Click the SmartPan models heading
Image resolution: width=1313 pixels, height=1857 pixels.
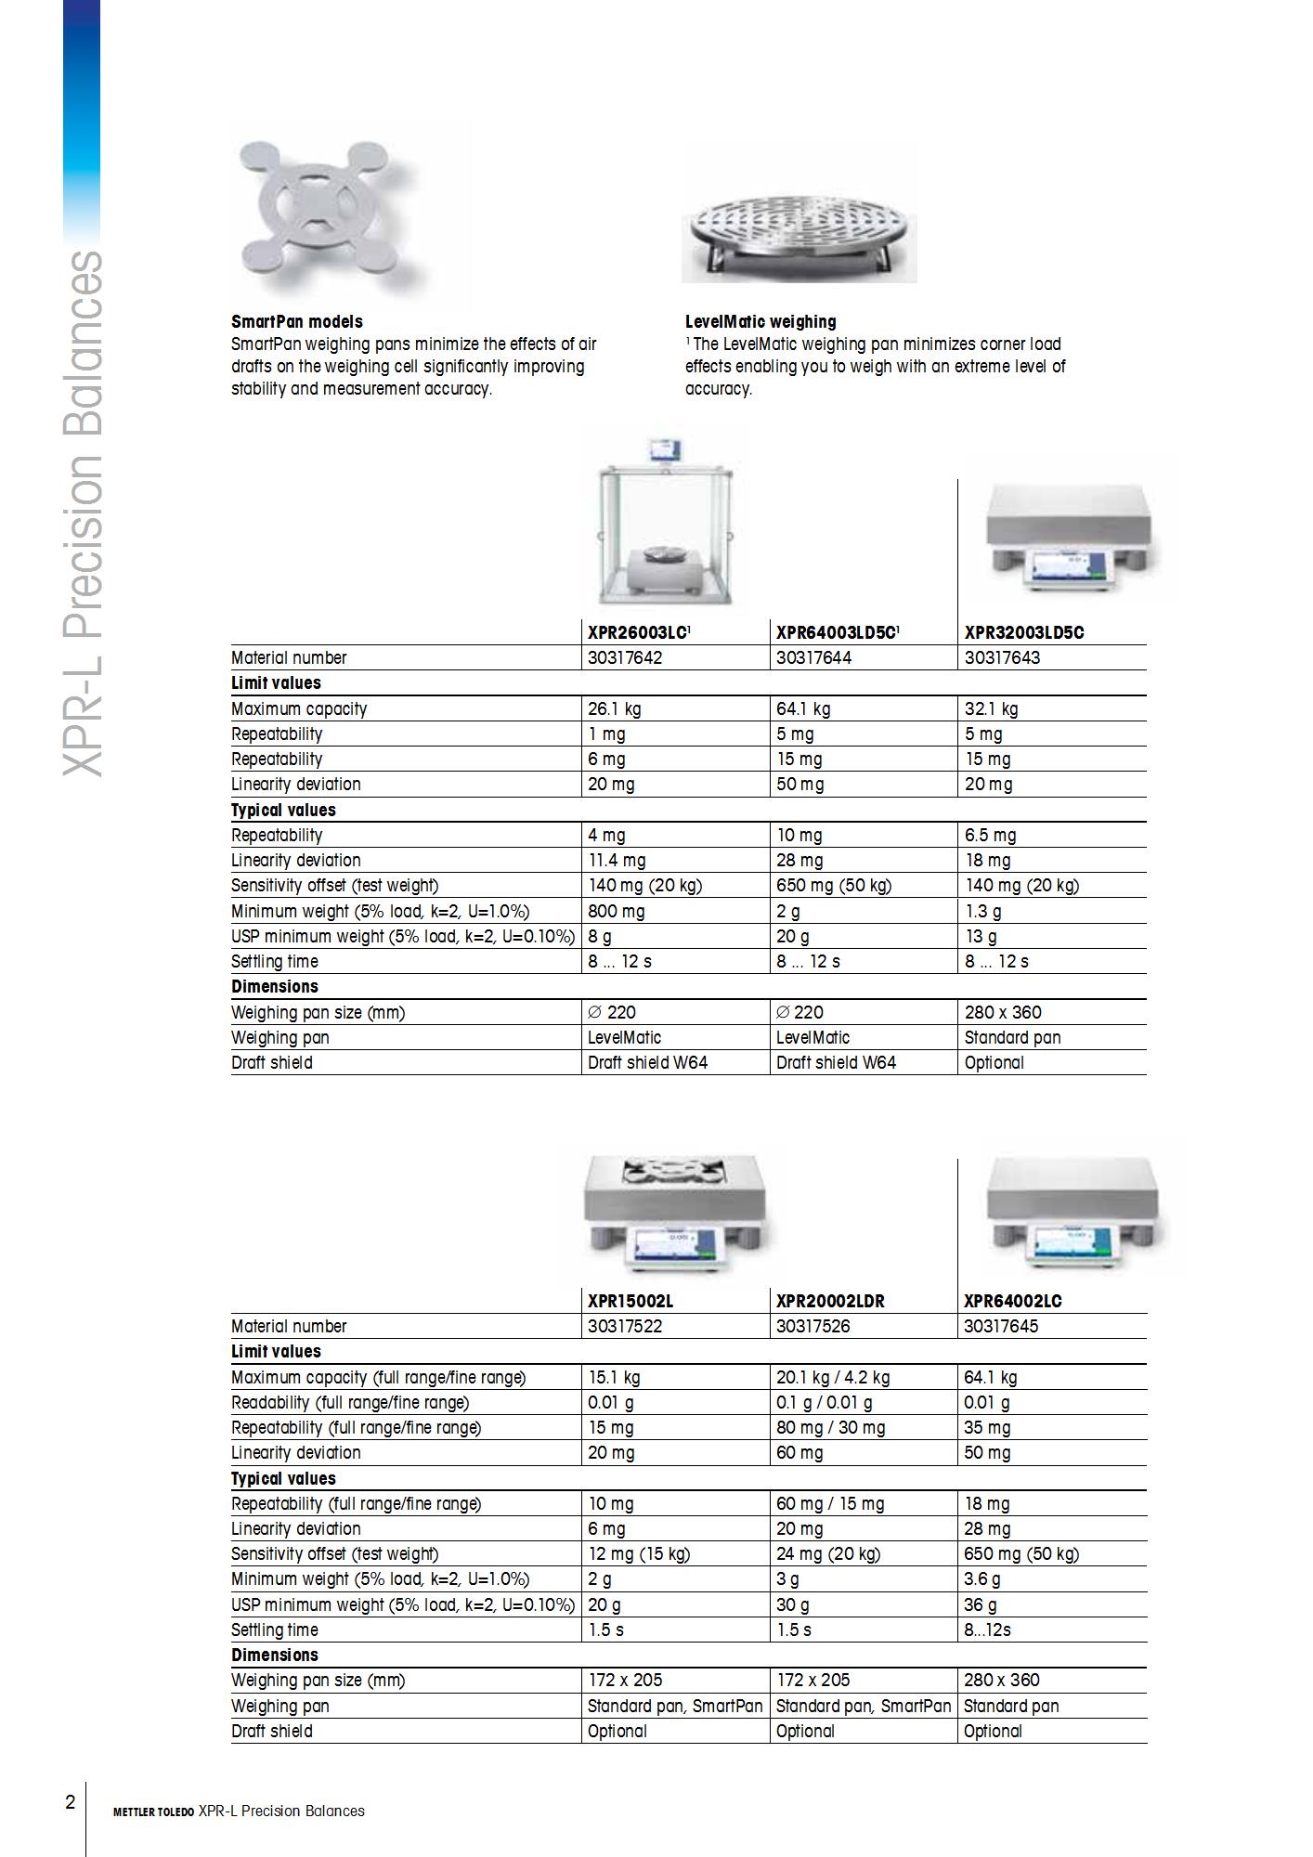point(296,322)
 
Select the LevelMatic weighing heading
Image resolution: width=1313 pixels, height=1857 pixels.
point(760,322)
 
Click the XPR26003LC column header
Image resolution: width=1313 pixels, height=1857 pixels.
point(639,632)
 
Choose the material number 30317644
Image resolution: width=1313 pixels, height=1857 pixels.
point(813,657)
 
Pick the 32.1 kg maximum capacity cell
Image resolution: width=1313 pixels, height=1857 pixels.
point(991,708)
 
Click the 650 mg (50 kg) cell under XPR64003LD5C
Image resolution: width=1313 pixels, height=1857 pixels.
point(833,885)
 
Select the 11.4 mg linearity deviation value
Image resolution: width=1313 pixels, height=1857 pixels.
point(617,860)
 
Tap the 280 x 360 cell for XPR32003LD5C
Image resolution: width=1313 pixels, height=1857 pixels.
point(1003,1012)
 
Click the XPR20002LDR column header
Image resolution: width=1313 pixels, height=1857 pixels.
point(830,1301)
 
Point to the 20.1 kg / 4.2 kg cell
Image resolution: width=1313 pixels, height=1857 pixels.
point(832,1377)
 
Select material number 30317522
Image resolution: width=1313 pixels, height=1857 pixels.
point(625,1326)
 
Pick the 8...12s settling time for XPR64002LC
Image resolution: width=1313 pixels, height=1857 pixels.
point(987,1630)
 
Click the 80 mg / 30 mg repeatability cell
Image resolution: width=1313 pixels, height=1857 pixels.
point(830,1427)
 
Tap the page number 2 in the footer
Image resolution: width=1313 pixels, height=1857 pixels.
point(70,1802)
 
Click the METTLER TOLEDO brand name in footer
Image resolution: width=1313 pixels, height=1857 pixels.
point(153,1812)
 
